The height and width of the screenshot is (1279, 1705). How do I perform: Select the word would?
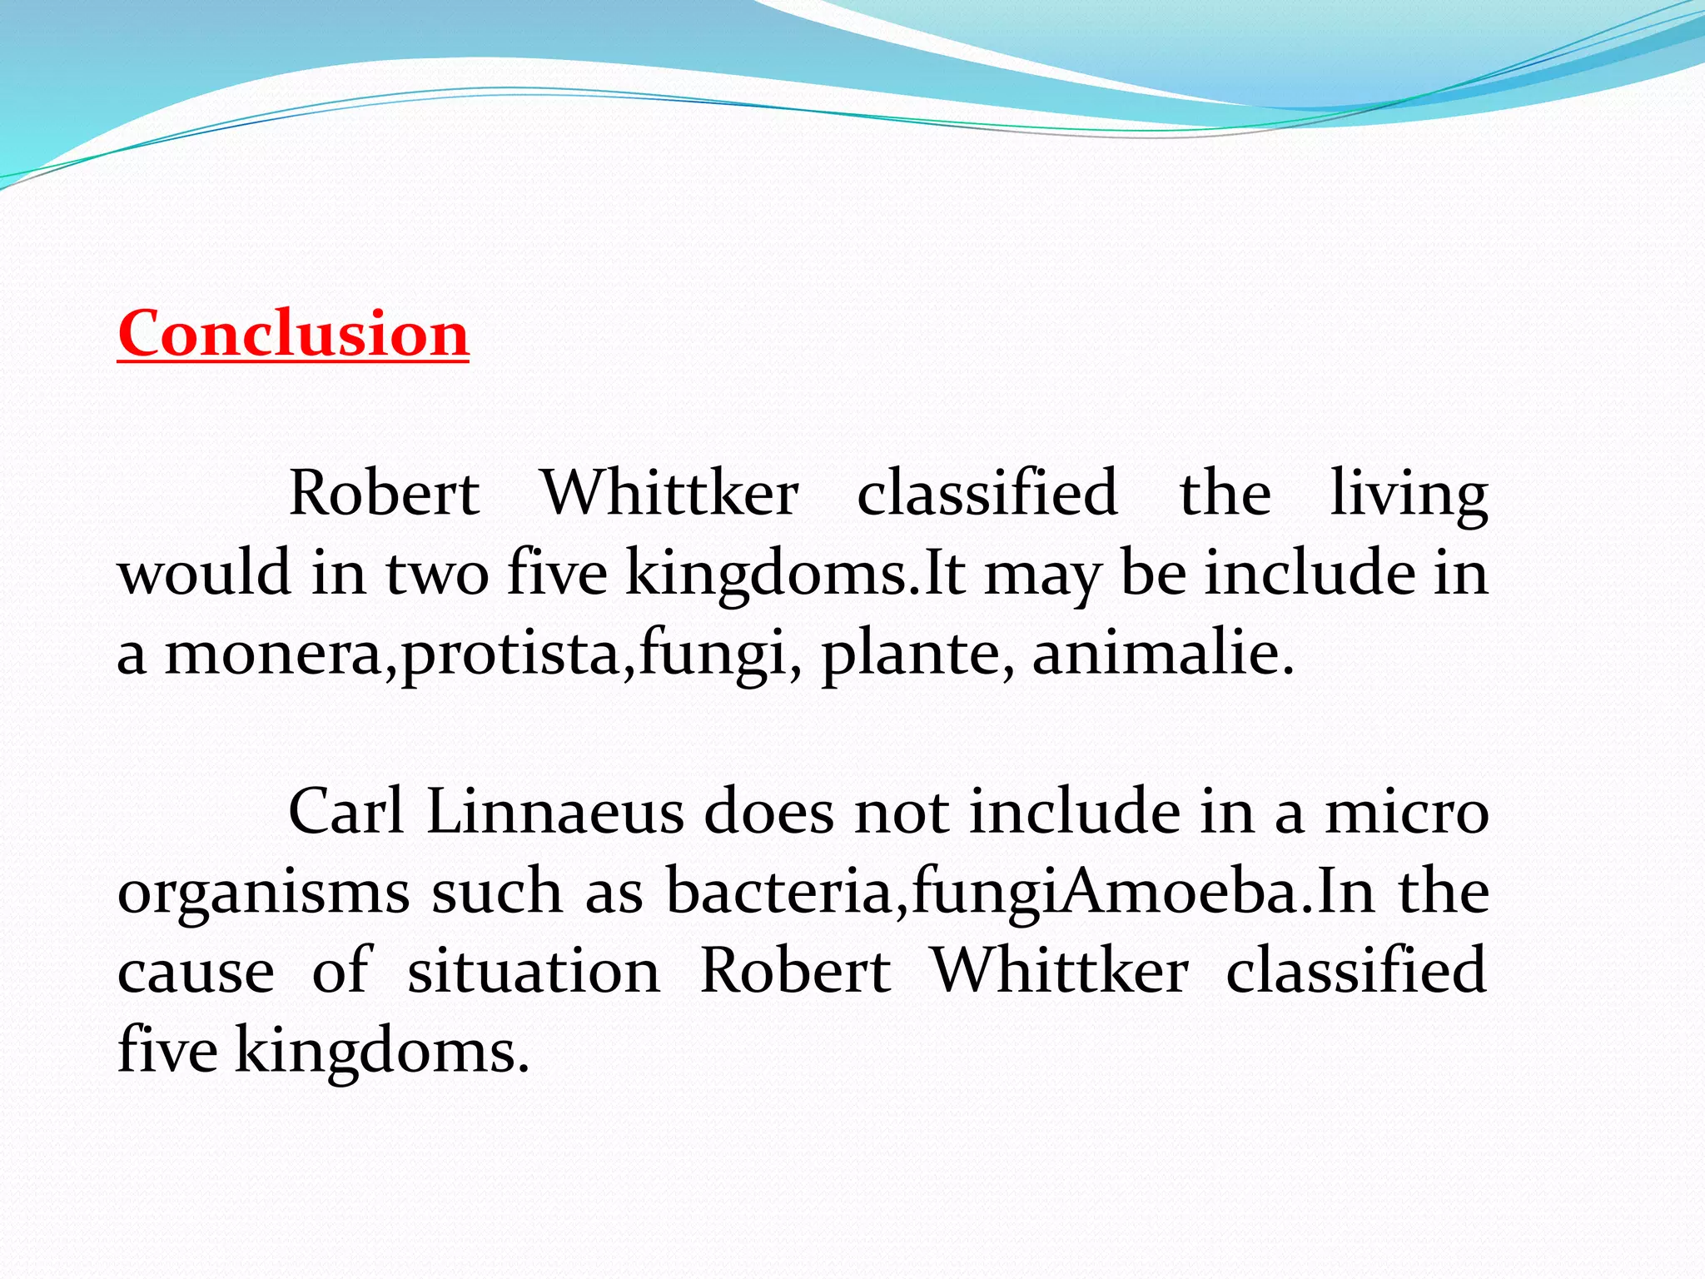pyautogui.click(x=204, y=573)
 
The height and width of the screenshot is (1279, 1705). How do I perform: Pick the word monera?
pyautogui.click(x=273, y=654)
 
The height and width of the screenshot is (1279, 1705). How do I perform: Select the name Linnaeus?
pyautogui.click(x=554, y=811)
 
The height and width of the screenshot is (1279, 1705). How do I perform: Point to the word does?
pyautogui.click(x=768, y=811)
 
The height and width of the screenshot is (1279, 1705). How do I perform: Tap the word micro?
pyautogui.click(x=1407, y=813)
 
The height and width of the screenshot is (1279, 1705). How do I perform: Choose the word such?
pyautogui.click(x=496, y=891)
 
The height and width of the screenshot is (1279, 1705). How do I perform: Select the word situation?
pyautogui.click(x=534, y=971)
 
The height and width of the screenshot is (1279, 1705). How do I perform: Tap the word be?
pyautogui.click(x=1153, y=573)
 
